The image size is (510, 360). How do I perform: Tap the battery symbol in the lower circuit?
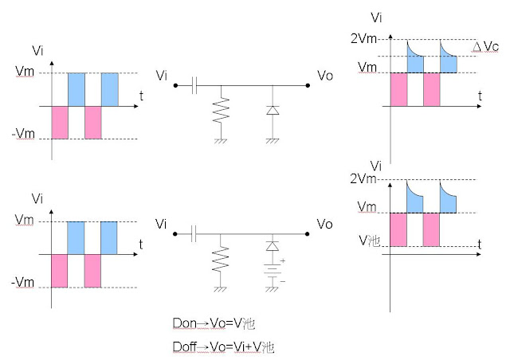point(273,272)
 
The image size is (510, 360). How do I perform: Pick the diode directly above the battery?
point(273,248)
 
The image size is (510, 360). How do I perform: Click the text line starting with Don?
point(213,323)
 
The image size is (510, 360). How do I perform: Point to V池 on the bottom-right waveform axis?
point(369,240)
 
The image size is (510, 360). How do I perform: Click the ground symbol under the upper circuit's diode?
point(273,140)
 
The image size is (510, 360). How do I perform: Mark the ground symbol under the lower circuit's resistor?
point(223,292)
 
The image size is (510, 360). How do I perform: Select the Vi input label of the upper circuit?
point(163,75)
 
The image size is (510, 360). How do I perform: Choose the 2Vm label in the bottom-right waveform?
point(362,179)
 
